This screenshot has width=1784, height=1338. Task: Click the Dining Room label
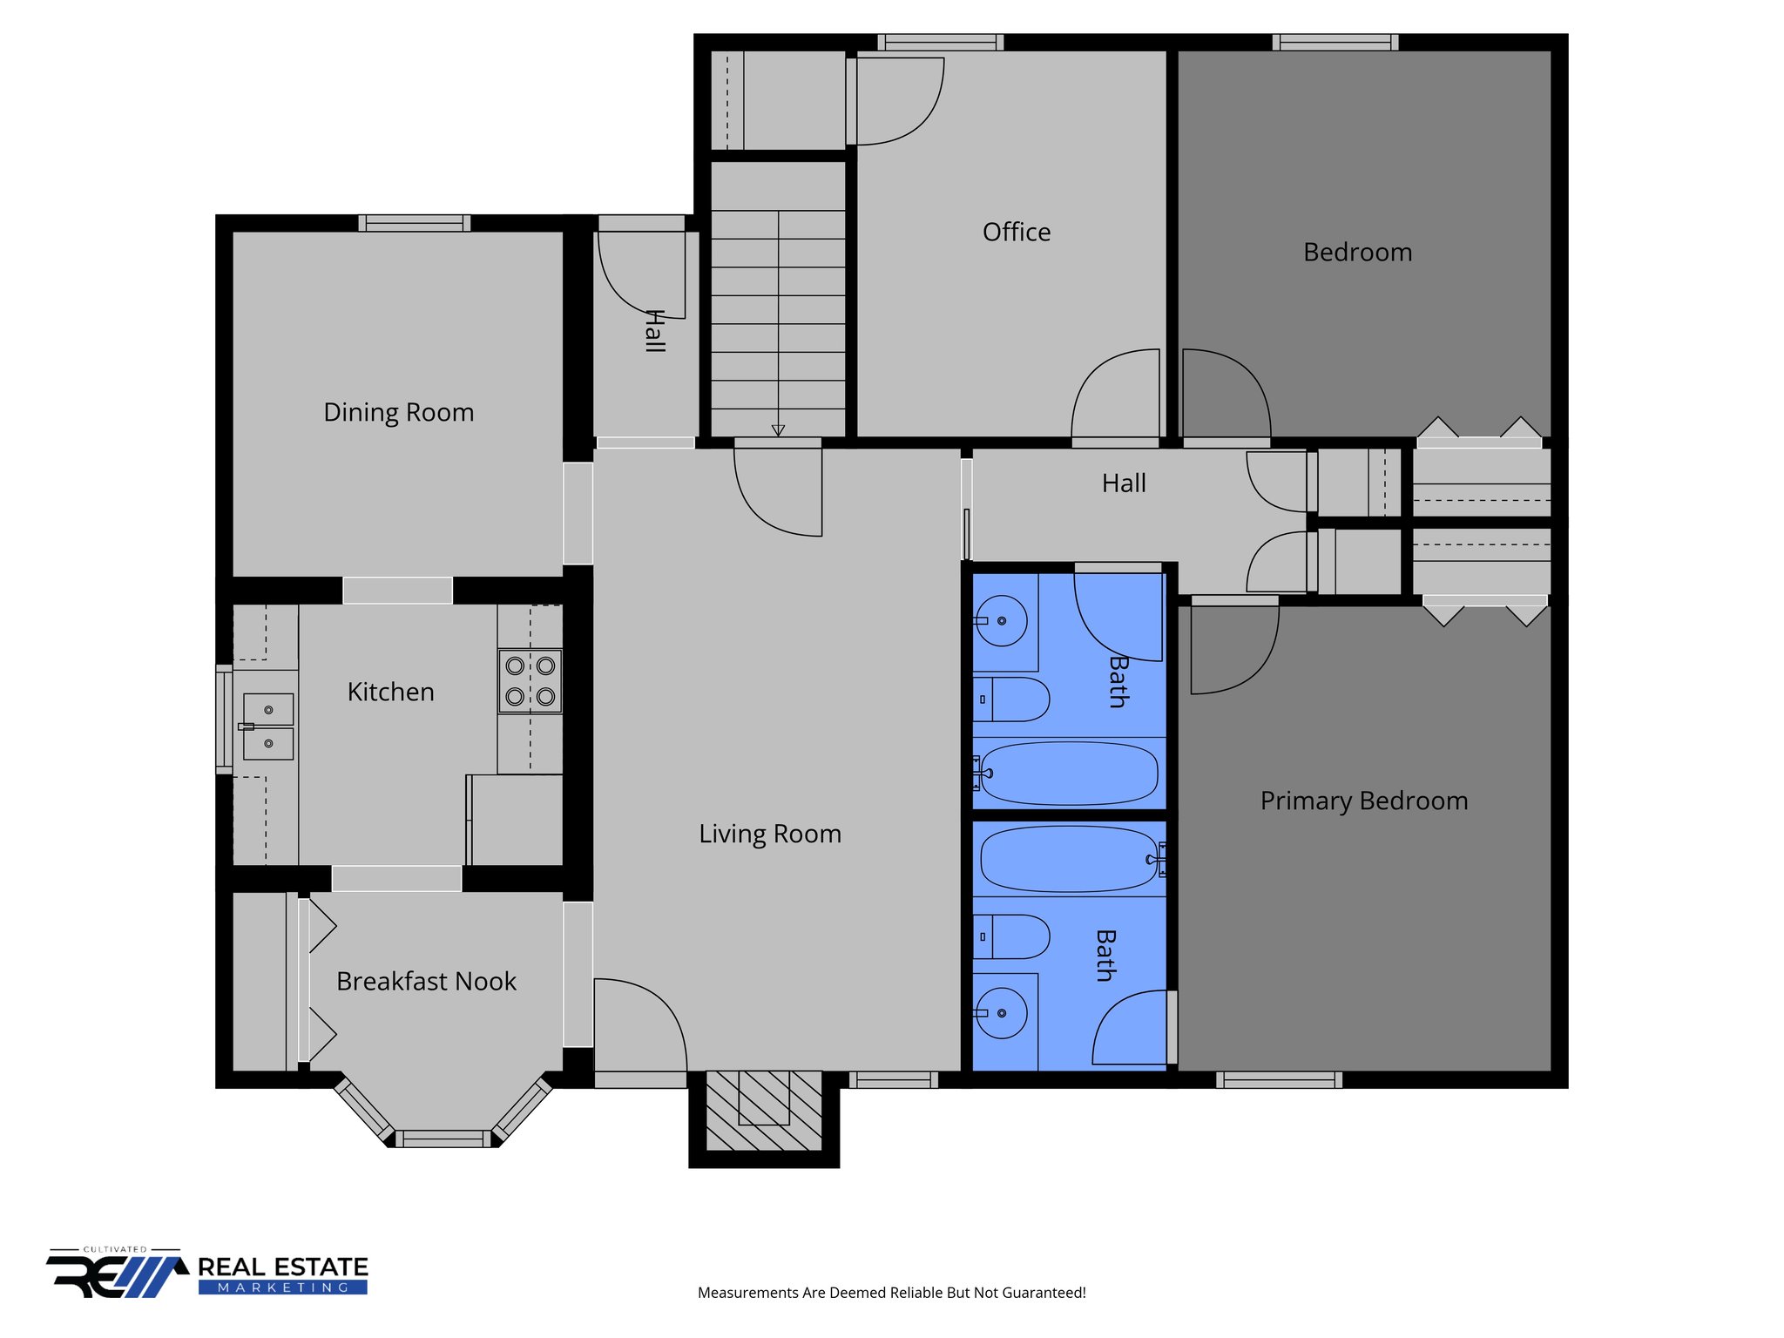tap(398, 412)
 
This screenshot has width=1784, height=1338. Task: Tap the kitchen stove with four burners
tap(530, 681)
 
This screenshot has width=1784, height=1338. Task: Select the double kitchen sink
tap(267, 726)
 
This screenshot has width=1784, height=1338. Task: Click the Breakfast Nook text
tap(426, 982)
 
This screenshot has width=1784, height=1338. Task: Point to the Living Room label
tap(769, 834)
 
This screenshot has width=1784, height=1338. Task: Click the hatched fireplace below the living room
tap(763, 1110)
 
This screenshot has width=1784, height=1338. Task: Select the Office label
tap(1016, 232)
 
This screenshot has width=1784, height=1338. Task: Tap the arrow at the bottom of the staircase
tap(778, 430)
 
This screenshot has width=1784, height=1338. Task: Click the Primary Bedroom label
tap(1363, 801)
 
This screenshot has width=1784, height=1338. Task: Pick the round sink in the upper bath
tap(1001, 621)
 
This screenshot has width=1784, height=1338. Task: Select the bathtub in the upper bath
tap(1070, 773)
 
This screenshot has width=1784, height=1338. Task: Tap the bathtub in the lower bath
tap(1068, 859)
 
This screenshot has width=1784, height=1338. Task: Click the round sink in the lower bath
tap(1001, 1013)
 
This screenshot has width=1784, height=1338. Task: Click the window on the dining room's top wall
tap(414, 224)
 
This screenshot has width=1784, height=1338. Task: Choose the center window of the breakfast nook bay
tap(443, 1138)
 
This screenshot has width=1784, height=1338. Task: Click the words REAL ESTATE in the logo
tap(282, 1267)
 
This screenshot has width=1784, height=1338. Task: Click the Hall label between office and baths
tap(1123, 483)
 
